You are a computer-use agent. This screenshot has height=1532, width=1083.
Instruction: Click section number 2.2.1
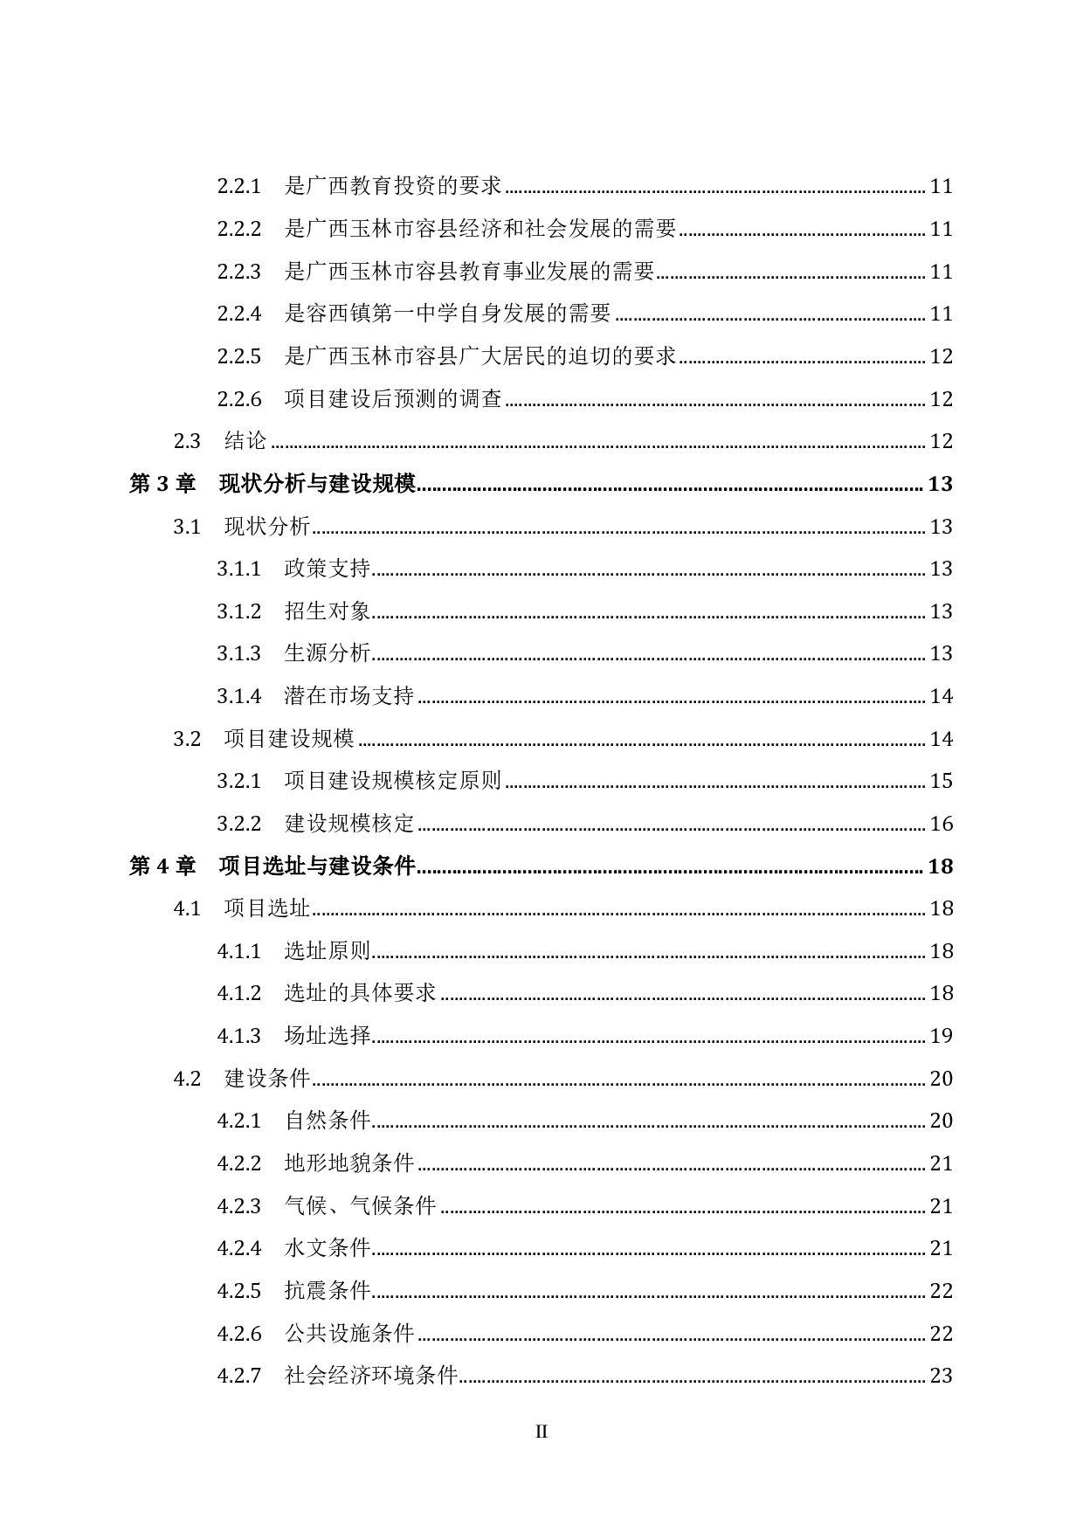[x=238, y=186]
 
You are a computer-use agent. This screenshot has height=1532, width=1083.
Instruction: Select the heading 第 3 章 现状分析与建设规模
[x=272, y=484]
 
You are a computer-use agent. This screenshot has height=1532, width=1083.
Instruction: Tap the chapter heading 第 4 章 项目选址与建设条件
[x=272, y=866]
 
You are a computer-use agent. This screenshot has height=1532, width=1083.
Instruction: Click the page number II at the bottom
[x=541, y=1432]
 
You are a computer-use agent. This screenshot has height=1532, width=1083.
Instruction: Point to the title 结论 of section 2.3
[x=245, y=441]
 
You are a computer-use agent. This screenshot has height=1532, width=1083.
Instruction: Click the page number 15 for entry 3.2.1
[x=941, y=781]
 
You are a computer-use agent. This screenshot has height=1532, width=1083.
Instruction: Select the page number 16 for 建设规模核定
[x=941, y=824]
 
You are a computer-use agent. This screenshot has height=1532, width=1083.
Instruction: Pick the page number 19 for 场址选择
[x=941, y=1036]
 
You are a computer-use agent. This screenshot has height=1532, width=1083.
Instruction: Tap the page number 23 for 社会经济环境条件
[x=941, y=1376]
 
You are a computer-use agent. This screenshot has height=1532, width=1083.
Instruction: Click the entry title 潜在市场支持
[x=349, y=696]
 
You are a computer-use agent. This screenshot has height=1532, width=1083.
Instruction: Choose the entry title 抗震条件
[x=328, y=1291]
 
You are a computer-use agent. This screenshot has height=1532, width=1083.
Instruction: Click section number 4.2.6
[x=238, y=1334]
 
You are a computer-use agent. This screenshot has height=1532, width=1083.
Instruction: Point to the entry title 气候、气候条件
[x=360, y=1206]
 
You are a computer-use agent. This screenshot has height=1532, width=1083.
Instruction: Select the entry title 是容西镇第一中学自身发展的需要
[x=448, y=314]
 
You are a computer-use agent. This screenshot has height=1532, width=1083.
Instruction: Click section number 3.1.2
[x=238, y=611]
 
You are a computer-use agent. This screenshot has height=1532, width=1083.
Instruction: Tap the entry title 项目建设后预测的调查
[x=393, y=399]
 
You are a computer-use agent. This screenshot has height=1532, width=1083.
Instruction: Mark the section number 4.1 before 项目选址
[x=187, y=908]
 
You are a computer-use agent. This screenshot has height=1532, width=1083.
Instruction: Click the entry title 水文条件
[x=328, y=1248]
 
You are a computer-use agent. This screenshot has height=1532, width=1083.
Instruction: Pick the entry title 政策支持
[x=328, y=569]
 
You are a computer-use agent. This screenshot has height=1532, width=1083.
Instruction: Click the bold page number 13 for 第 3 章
[x=940, y=484]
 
